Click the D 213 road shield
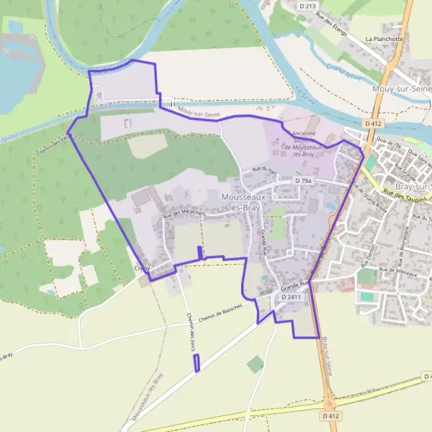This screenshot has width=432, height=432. point(307,6)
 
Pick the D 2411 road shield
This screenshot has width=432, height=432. point(291,297)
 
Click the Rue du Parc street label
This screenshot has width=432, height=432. point(259,170)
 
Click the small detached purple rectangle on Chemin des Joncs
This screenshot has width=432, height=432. point(197,363)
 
